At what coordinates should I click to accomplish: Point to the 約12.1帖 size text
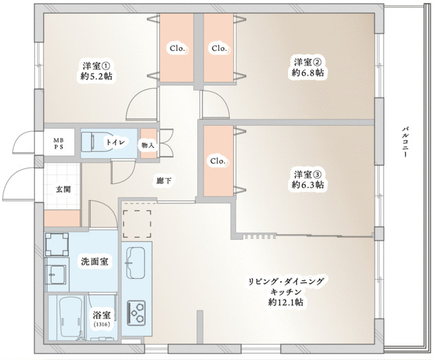(x=287, y=302)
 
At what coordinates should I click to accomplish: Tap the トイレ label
(x=115, y=142)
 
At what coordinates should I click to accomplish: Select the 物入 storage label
(x=147, y=145)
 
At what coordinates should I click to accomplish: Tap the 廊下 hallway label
(x=164, y=181)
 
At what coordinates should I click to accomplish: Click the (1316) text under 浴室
(x=101, y=324)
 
